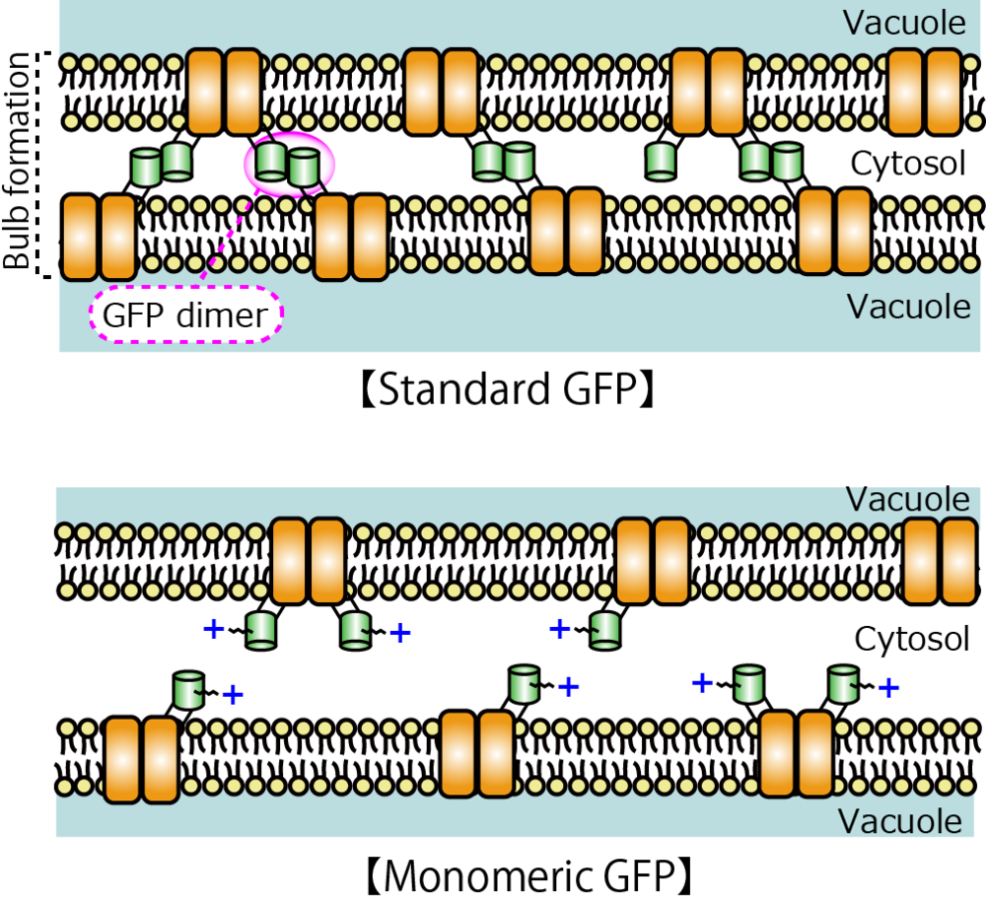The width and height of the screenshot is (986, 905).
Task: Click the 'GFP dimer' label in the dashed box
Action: pyautogui.click(x=185, y=315)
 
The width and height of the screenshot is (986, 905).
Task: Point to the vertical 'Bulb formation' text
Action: pyautogui.click(x=17, y=162)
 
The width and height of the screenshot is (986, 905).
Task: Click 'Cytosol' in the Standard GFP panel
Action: pyautogui.click(x=908, y=164)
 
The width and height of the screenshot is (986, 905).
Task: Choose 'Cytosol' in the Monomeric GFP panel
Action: pyautogui.click(x=912, y=639)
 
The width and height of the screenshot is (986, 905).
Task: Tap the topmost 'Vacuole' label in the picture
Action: pyautogui.click(x=904, y=24)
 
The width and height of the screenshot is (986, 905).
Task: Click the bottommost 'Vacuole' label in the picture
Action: pyautogui.click(x=900, y=821)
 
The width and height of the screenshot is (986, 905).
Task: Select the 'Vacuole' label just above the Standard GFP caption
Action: pyautogui.click(x=909, y=307)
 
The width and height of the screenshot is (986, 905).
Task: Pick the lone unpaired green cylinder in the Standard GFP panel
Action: pyautogui.click(x=662, y=160)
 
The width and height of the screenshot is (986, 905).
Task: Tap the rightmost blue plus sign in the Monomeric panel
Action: pyautogui.click(x=888, y=688)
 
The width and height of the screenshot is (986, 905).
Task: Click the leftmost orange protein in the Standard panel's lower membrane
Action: pyautogui.click(x=98, y=237)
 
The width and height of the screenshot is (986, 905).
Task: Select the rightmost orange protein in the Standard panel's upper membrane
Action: pyautogui.click(x=925, y=93)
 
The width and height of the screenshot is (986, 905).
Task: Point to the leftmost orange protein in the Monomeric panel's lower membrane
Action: pyautogui.click(x=141, y=760)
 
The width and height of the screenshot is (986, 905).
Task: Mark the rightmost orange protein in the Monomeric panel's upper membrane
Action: pyautogui.click(x=940, y=561)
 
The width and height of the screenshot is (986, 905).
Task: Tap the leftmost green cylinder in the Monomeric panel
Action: pyautogui.click(x=188, y=690)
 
